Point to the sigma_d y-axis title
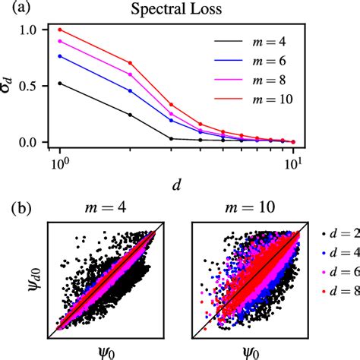(x=11, y=85)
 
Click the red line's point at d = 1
(x=59, y=30)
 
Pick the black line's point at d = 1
(x=59, y=84)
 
